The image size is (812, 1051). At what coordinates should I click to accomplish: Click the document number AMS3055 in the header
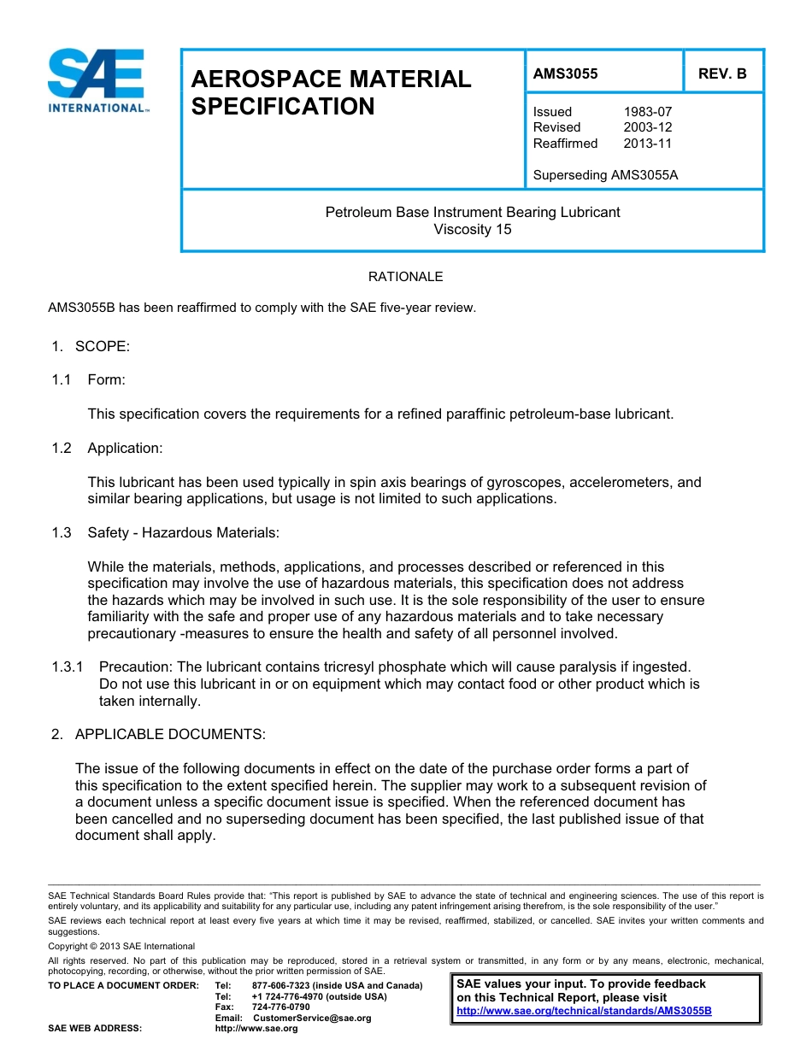[x=565, y=73]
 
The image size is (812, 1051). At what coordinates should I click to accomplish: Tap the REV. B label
[x=722, y=73]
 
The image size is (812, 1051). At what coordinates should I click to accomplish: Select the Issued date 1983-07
[x=647, y=112]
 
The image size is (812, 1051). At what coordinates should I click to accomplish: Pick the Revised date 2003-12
[x=647, y=127]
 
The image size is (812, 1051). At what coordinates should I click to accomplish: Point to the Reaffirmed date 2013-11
[x=647, y=144]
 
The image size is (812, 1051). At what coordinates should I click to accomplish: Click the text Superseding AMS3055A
[x=605, y=175]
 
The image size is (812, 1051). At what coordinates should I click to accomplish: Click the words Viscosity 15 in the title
[x=472, y=229]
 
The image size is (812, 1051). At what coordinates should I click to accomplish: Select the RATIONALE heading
[x=405, y=277]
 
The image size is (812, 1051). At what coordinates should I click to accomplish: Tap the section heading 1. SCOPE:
[x=90, y=346]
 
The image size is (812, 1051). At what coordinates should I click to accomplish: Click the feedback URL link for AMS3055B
[x=584, y=1011]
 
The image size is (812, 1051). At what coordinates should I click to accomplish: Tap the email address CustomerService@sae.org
[x=312, y=1018]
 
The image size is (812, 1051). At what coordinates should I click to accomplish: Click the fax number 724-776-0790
[x=281, y=1007]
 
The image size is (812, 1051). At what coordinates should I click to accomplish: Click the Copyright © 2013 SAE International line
[x=121, y=946]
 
